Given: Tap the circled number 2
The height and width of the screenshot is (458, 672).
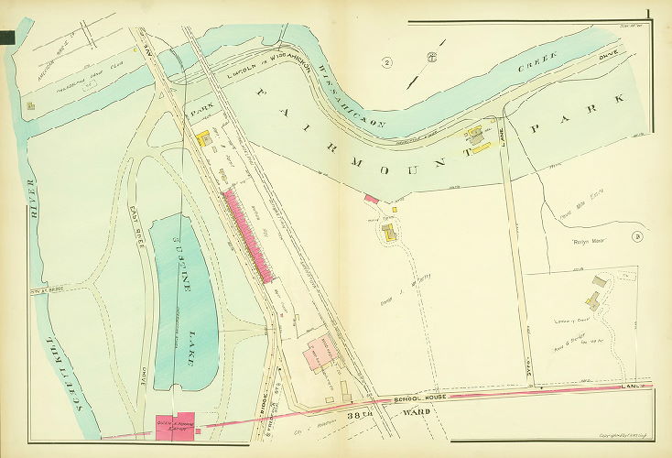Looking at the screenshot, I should pyautogui.click(x=387, y=62).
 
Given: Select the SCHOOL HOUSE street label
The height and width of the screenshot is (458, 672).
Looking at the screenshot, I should pyautogui.click(x=427, y=400).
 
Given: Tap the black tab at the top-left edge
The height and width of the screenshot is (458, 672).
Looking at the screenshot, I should pyautogui.click(x=7, y=37).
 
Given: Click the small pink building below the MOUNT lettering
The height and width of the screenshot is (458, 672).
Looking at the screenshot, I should pyautogui.click(x=372, y=197).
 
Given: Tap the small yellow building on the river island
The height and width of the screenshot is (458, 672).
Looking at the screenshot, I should pyautogui.click(x=33, y=106).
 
